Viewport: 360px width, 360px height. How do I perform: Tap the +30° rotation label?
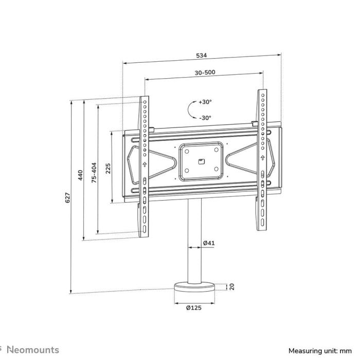click(x=205, y=102)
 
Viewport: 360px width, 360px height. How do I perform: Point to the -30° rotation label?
click(x=205, y=118)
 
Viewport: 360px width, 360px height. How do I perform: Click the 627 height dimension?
click(x=67, y=198)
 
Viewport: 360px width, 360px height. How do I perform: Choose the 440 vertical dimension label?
click(x=80, y=175)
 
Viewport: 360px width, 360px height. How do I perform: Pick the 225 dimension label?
click(x=108, y=168)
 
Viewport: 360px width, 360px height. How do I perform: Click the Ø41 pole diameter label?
click(x=208, y=242)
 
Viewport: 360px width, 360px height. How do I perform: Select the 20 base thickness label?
click(x=232, y=286)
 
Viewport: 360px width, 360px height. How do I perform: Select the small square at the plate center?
click(x=201, y=161)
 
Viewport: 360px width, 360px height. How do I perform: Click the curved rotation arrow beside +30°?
click(x=190, y=110)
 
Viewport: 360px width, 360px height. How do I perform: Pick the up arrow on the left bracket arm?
click(x=145, y=165)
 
